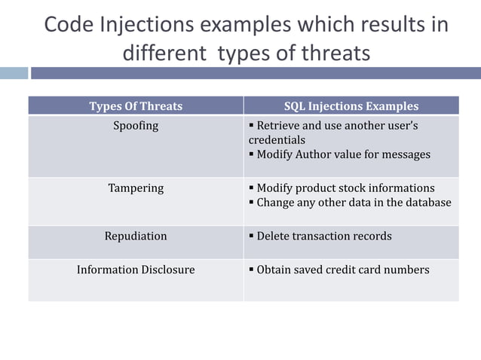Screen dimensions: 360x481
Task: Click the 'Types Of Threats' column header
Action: (136, 106)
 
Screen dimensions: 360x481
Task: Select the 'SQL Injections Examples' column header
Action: (351, 106)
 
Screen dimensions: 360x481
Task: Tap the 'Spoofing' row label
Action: (136, 126)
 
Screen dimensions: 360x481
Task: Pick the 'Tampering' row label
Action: (136, 188)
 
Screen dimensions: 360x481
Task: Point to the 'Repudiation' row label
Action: (136, 236)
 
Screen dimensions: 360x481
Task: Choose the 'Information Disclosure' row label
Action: (136, 270)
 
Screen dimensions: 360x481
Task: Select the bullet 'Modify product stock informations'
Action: (345, 188)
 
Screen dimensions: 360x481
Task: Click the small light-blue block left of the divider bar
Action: (14, 73)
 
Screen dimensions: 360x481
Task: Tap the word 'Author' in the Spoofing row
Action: (315, 154)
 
